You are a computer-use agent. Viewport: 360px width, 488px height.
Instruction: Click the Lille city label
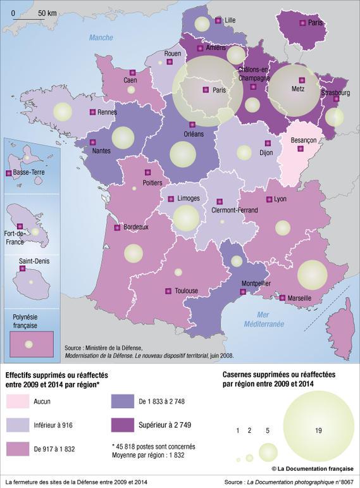click(230, 20)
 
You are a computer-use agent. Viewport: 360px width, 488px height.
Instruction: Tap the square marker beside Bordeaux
click(117, 227)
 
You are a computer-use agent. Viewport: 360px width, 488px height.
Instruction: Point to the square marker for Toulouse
click(168, 291)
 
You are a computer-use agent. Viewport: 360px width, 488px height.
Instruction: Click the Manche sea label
click(101, 37)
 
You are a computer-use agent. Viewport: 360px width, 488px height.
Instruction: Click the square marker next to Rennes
click(92, 112)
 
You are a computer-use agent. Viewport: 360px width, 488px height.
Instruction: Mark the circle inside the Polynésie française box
click(28, 344)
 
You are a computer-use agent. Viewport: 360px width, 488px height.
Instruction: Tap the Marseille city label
click(299, 297)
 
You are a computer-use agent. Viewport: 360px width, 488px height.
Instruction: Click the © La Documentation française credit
click(313, 468)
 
